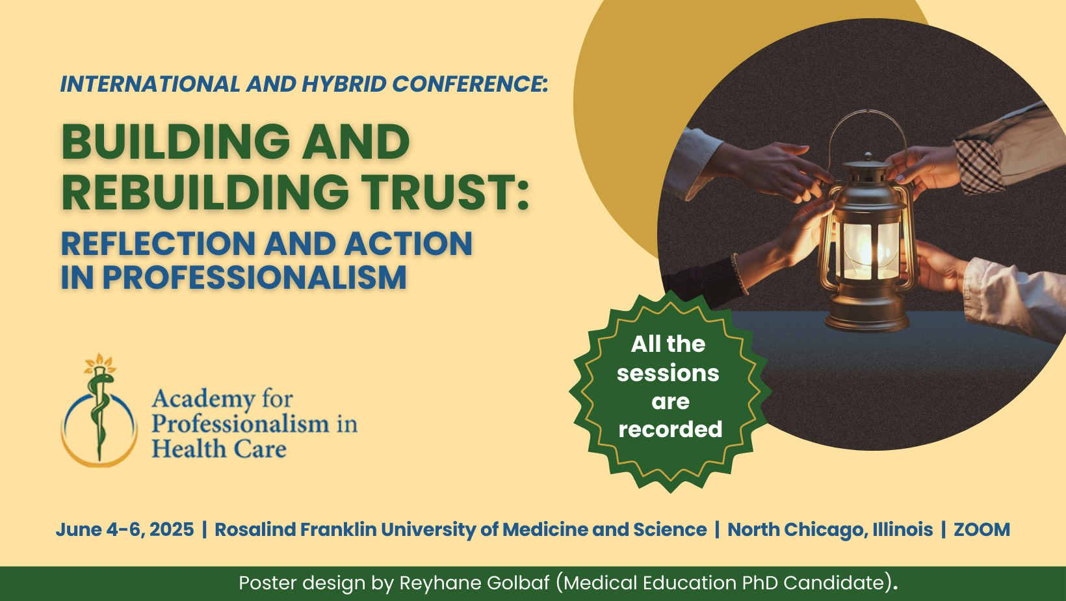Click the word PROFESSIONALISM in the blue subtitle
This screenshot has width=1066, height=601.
coord(254,278)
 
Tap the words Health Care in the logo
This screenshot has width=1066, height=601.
coord(219,449)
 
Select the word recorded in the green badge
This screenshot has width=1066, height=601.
coord(670,429)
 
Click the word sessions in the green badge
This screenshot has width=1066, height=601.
coord(668,373)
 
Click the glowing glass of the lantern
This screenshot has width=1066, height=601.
coord(868,250)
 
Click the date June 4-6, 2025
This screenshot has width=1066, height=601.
coord(125,529)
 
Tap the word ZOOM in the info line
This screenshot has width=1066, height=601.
coord(981,529)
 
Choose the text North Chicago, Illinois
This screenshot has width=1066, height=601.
coord(830,529)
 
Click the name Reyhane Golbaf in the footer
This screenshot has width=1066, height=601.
coord(474,583)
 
